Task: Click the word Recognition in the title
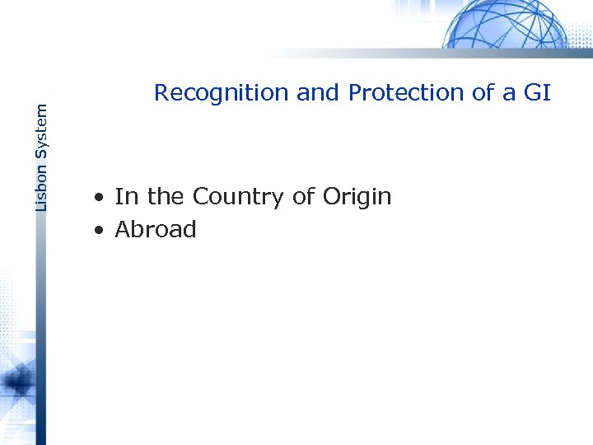222,93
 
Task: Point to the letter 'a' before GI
508,93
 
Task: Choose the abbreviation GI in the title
535,93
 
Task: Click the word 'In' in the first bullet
125,197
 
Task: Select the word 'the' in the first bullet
165,197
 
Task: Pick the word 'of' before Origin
303,197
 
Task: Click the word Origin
357,198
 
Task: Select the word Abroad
156,230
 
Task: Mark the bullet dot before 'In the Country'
98,199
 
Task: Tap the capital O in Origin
333,197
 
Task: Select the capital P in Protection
356,93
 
